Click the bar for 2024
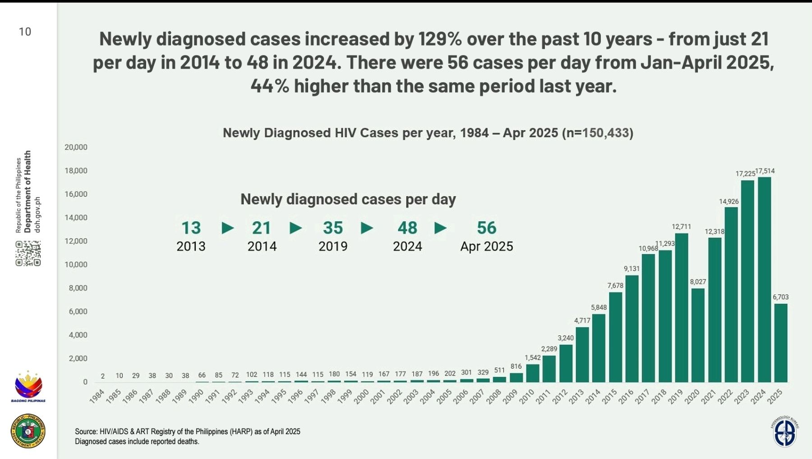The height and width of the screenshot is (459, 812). (764, 280)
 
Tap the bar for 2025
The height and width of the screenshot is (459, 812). (781, 343)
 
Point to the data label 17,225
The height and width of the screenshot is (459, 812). (745, 174)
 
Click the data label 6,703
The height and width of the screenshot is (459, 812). (780, 297)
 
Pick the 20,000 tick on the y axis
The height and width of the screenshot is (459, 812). (76, 147)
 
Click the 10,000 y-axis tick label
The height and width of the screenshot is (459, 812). (76, 264)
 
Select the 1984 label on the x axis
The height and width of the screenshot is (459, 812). (97, 396)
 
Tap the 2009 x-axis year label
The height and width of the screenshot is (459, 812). (510, 396)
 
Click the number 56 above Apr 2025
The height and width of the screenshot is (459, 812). (486, 228)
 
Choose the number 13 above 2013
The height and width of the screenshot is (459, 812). (191, 228)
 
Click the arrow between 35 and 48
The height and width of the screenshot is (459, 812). (367, 228)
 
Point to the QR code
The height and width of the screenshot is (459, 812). (28, 254)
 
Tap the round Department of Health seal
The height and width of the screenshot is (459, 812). (28, 431)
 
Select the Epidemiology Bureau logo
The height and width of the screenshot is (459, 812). (785, 431)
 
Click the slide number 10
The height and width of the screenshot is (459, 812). (25, 32)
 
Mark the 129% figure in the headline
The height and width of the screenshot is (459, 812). (440, 39)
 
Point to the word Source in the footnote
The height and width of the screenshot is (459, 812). (86, 431)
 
